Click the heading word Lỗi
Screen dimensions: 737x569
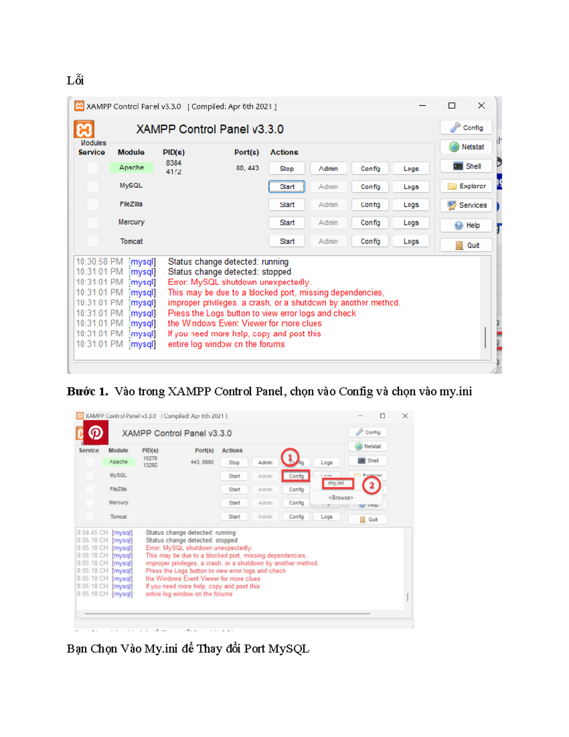(75, 80)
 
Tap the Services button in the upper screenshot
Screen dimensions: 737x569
(467, 205)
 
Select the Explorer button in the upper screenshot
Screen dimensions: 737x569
(467, 186)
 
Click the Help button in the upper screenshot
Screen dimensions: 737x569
(467, 225)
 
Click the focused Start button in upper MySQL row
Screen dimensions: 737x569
(287, 187)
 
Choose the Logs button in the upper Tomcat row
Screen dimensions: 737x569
(411, 242)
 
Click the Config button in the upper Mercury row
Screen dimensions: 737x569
(370, 223)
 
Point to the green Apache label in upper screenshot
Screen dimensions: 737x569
(131, 168)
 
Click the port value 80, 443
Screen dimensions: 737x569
(248, 168)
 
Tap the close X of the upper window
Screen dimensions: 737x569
(481, 106)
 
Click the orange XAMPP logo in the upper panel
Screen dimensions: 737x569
(84, 129)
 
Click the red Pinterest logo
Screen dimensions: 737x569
(96, 433)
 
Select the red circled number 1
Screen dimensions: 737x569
(290, 457)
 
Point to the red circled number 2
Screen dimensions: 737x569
(372, 485)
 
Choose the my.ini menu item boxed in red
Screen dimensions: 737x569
(337, 483)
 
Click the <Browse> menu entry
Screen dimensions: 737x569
(340, 498)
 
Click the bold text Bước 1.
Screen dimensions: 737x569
(87, 392)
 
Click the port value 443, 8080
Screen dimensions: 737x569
(202, 462)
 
